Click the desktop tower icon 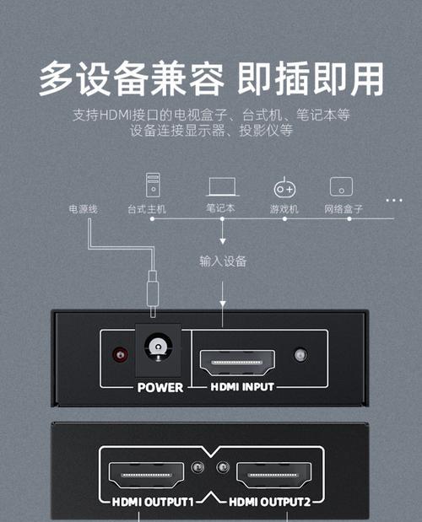coord(153,185)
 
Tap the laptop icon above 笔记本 coord(222,186)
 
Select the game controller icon coord(284,188)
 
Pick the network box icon coord(341,186)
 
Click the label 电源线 coord(83,209)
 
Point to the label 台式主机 coord(147,209)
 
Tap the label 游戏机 coord(284,209)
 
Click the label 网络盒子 coord(344,209)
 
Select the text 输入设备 coord(223,261)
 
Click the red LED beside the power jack coord(120,355)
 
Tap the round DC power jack coord(158,347)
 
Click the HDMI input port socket coord(237,363)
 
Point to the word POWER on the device coord(160,388)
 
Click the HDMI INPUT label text coord(242,387)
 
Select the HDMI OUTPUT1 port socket coord(146,475)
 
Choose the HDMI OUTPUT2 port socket coord(273,475)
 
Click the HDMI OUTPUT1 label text coord(153,502)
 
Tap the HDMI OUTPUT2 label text coord(270,502)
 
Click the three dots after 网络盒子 coord(394,201)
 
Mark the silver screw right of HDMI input coord(300,355)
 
